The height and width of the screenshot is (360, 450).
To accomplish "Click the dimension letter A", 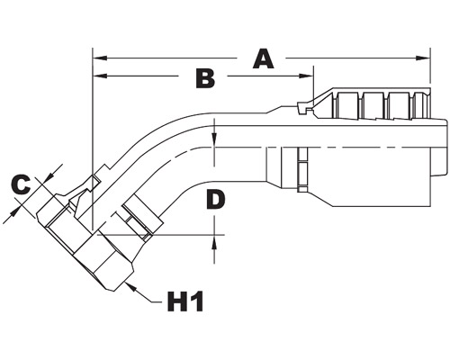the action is [263, 59].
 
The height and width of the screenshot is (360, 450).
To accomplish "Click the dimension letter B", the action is [205, 78].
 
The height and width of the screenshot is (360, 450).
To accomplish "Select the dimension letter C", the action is [21, 185].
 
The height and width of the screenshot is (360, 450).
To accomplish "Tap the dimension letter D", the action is [216, 200].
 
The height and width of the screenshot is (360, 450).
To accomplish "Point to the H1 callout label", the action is [185, 301].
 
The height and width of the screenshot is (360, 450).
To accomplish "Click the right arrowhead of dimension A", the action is [423, 58].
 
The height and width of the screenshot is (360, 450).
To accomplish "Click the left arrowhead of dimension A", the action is [100, 58].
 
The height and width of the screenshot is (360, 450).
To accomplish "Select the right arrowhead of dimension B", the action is [306, 76].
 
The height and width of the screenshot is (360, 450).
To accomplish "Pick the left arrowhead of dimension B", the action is [100, 76].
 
